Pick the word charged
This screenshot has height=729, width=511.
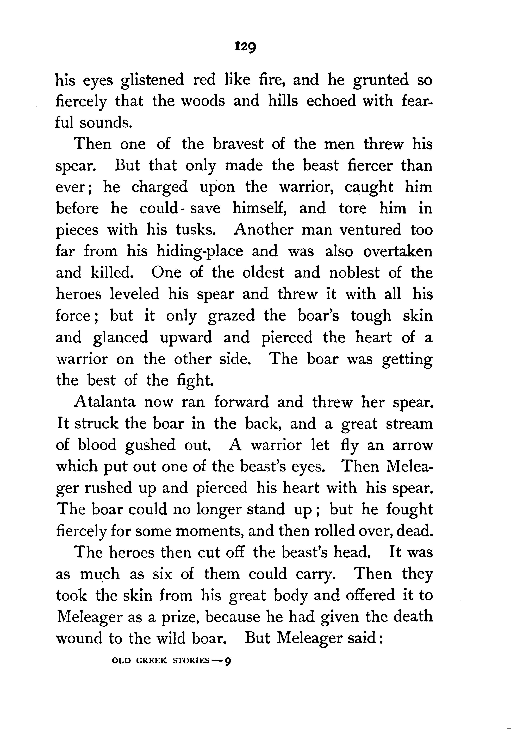point(159,187)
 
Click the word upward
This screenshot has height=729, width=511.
point(186,337)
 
